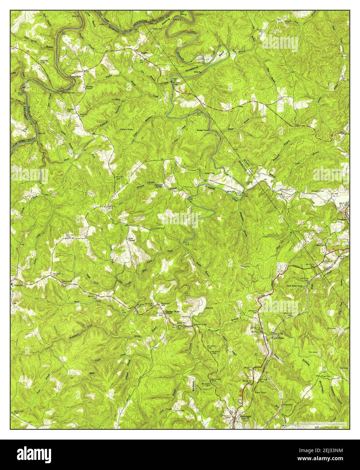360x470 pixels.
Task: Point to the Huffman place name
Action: [x=279, y=337]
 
